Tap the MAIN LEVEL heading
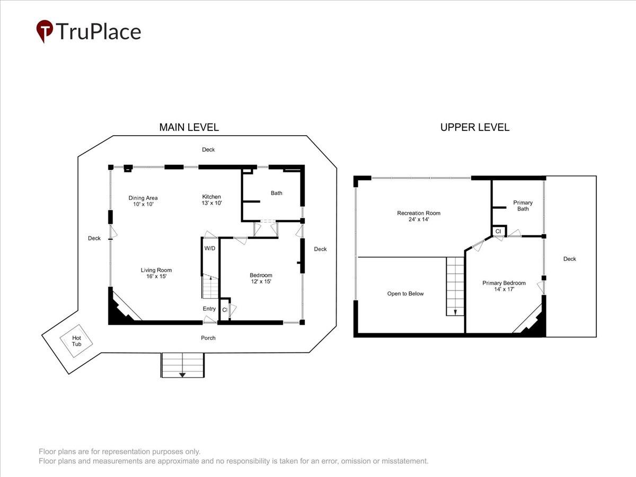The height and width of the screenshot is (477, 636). (x=189, y=127)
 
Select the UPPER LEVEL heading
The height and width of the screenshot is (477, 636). (x=474, y=127)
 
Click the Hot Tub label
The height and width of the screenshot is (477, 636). (x=76, y=341)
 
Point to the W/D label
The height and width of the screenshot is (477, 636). (x=210, y=248)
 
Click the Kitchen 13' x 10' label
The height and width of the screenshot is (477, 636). (x=211, y=200)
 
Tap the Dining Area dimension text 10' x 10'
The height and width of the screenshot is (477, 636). (x=143, y=204)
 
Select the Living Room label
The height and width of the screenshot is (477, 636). (x=156, y=270)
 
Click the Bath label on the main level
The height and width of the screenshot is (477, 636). (x=277, y=193)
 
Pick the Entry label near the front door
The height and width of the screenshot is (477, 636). (x=209, y=309)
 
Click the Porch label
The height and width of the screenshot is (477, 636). (x=208, y=338)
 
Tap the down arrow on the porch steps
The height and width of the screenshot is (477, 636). (x=182, y=375)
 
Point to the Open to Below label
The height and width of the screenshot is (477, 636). (x=405, y=294)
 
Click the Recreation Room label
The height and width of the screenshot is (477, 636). (x=419, y=213)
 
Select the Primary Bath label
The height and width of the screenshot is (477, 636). (x=523, y=206)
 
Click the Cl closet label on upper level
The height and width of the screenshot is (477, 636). (x=498, y=232)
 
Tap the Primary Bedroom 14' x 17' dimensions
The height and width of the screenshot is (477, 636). (x=504, y=289)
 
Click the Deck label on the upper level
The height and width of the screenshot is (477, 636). (x=570, y=259)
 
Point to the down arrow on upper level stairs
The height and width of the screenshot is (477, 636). (x=455, y=312)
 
